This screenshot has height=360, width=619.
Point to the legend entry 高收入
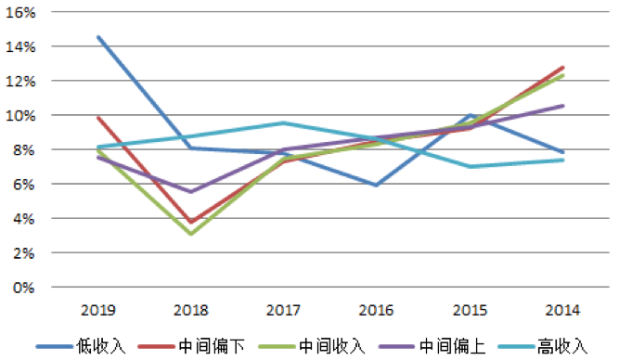[x=563, y=346]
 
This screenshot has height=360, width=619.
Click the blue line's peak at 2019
[x=98, y=37]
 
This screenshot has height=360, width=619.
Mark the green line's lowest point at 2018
[x=191, y=234]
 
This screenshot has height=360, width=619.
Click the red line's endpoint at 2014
[x=562, y=67]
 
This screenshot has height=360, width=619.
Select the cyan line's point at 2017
[x=284, y=123]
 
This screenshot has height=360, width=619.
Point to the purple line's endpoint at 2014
[x=562, y=106]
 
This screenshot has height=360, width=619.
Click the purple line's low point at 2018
[x=191, y=192]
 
